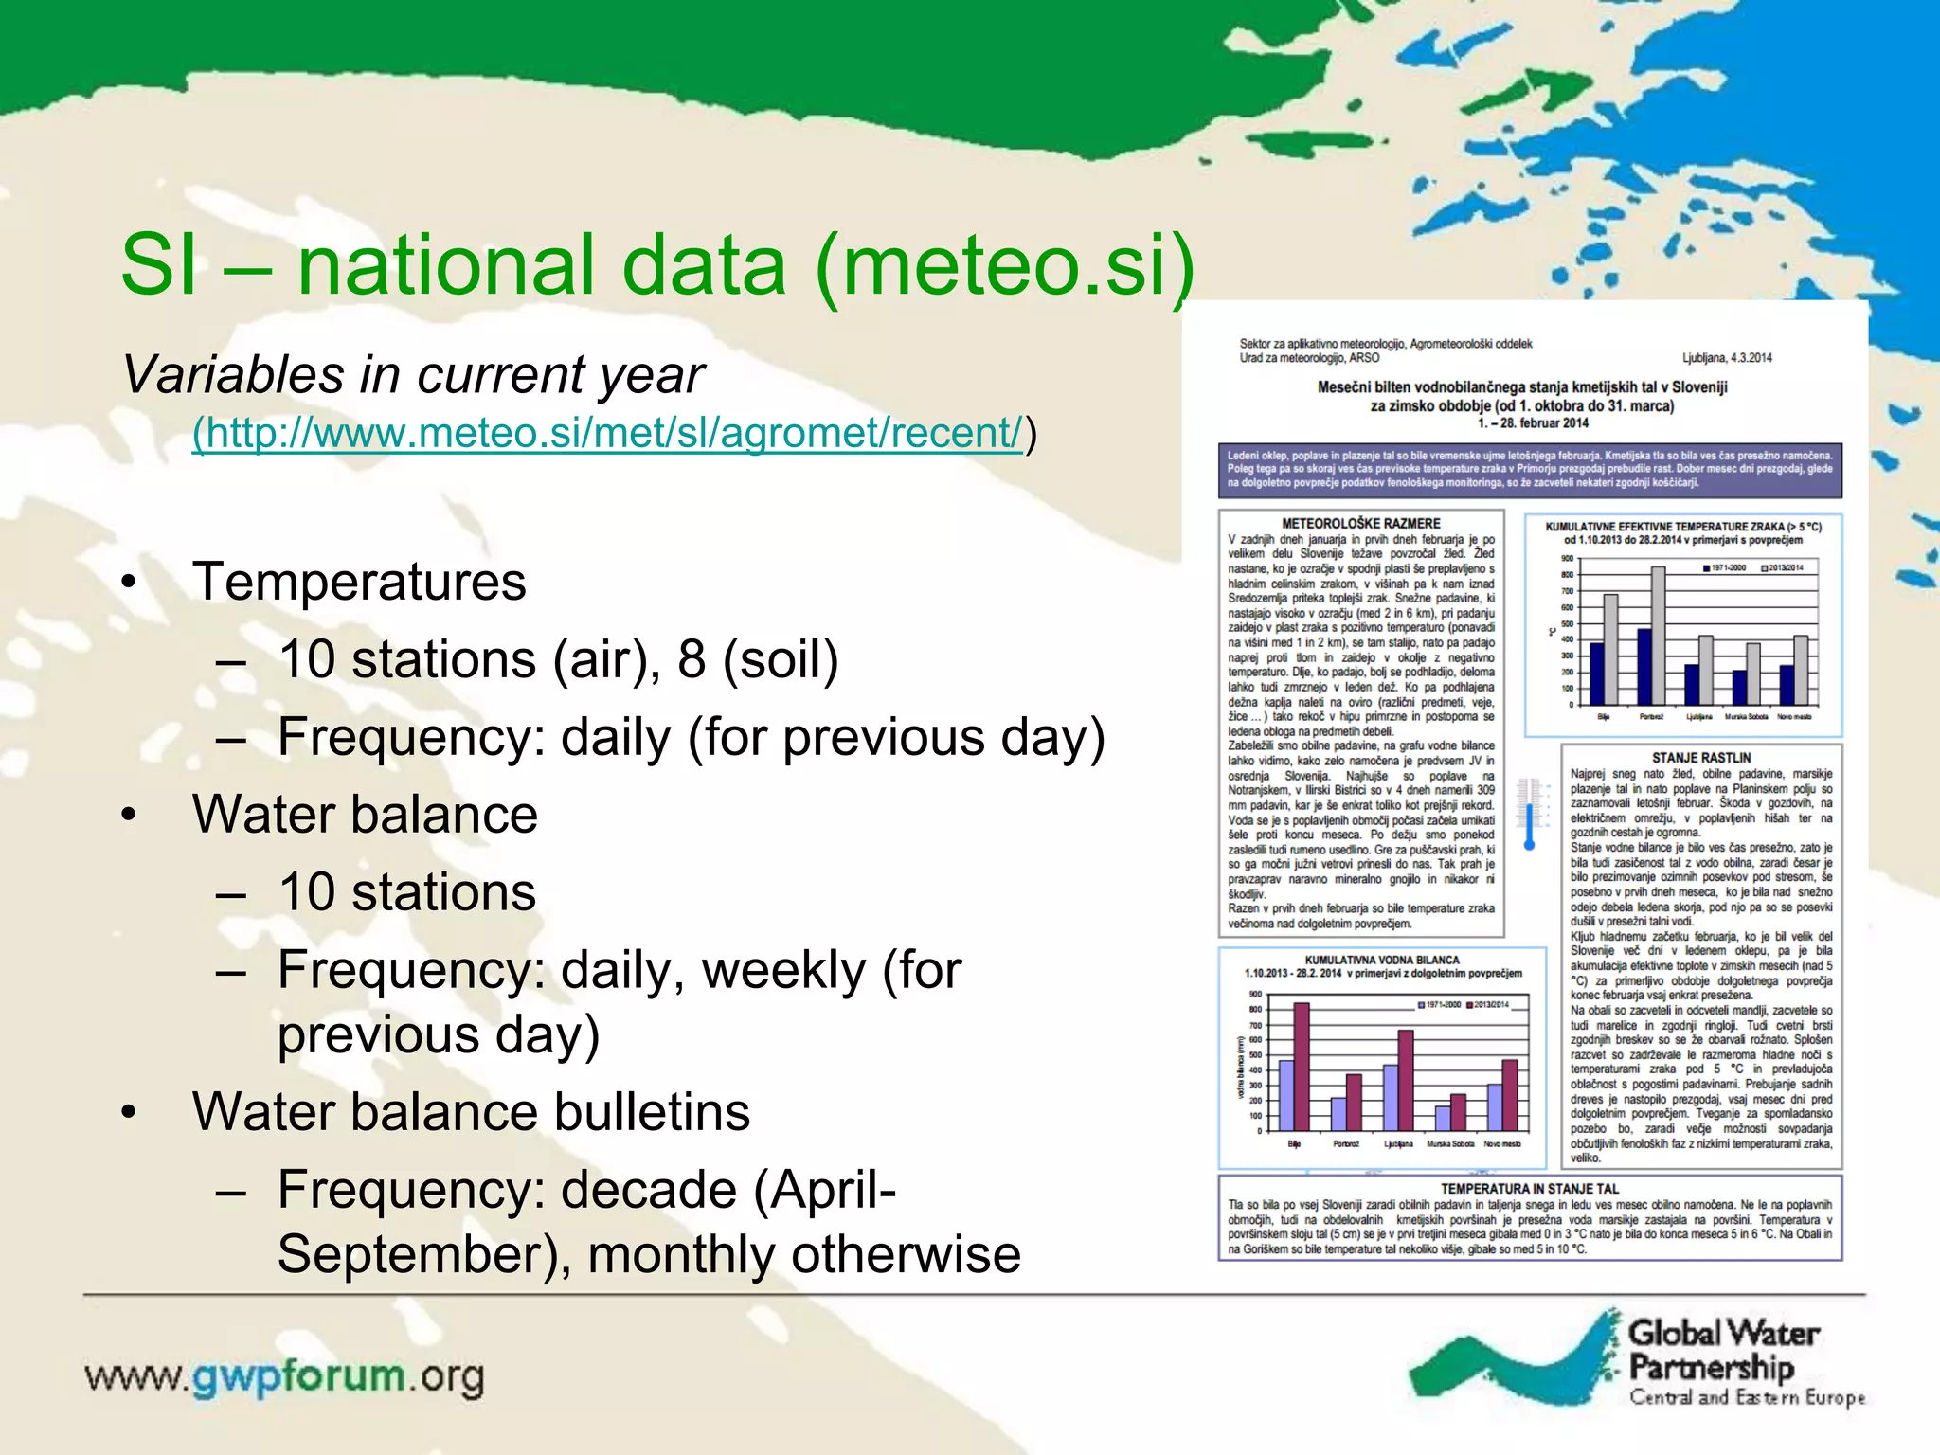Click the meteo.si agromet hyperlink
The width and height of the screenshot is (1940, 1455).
click(x=607, y=433)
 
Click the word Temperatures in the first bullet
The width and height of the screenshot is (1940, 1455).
click(x=359, y=582)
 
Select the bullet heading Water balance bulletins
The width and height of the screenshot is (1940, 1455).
click(x=471, y=1112)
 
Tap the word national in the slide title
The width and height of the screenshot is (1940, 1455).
click(x=542, y=264)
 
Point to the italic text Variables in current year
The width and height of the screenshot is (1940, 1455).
click(x=413, y=374)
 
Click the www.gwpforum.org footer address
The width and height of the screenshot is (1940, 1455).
click(x=284, y=1376)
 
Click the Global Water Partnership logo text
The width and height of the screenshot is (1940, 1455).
click(x=1723, y=1351)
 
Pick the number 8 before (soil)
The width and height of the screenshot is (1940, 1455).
click(x=692, y=659)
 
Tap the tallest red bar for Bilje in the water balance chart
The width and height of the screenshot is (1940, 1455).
click(x=1302, y=1066)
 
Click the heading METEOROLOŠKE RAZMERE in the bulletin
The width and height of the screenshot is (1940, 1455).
click(x=1360, y=523)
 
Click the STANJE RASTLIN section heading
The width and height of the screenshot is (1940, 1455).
click(x=1701, y=758)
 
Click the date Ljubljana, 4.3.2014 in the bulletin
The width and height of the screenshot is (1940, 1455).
click(x=1727, y=358)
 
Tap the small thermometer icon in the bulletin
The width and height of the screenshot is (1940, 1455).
click(x=1528, y=813)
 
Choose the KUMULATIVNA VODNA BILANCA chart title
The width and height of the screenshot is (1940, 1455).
click(x=1382, y=960)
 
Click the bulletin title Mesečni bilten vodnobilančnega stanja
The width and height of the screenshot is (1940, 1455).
click(x=1522, y=387)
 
